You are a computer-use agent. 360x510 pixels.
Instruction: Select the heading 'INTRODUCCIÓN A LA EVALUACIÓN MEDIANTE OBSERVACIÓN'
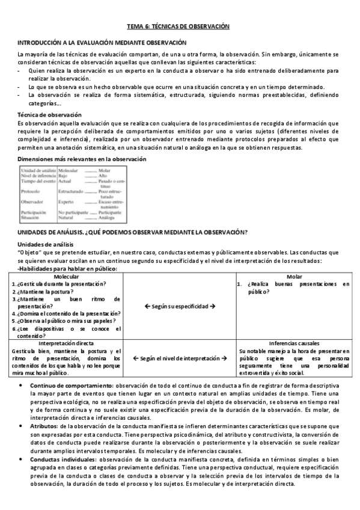pyautogui.click(x=102, y=43)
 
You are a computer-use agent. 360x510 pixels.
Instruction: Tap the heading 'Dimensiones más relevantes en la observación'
pyautogui.click(x=81, y=159)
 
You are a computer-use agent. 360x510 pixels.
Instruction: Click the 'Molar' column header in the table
pyautogui.click(x=294, y=276)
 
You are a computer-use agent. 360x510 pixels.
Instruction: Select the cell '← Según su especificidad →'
pyautogui.click(x=180, y=306)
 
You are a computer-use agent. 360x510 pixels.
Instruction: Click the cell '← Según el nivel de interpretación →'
pyautogui.click(x=180, y=358)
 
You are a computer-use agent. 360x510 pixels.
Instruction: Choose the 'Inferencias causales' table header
pyautogui.click(x=294, y=343)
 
